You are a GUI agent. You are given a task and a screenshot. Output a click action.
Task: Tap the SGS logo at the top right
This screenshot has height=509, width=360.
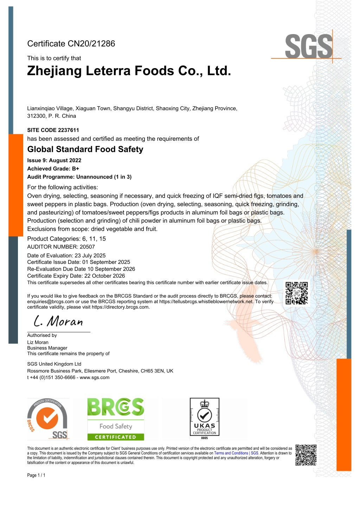[309, 46]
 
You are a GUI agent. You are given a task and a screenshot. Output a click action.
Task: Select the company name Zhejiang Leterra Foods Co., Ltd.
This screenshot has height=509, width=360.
[129, 71]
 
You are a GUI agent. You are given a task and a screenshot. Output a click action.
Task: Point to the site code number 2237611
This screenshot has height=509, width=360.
[69, 130]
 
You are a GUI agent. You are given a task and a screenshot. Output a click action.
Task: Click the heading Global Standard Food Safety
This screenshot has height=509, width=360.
[85, 149]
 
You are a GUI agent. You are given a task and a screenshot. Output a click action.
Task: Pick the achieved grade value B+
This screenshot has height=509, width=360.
[75, 169]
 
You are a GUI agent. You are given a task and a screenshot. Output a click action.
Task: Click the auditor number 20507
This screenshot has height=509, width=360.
[87, 247]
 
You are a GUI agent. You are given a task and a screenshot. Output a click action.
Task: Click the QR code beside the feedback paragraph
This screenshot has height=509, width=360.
[296, 293]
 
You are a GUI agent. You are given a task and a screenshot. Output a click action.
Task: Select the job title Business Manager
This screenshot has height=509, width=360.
[47, 348]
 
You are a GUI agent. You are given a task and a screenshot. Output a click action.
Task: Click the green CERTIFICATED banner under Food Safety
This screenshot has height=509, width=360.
[116, 437]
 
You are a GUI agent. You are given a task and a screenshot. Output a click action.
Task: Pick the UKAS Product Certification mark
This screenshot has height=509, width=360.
[204, 418]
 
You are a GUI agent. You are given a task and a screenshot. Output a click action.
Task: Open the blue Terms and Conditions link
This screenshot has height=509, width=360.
[236, 453]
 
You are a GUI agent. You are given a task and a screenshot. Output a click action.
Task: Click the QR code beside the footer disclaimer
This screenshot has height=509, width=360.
[306, 455]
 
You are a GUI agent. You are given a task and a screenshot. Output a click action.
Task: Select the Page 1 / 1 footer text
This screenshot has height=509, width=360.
[36, 475]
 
